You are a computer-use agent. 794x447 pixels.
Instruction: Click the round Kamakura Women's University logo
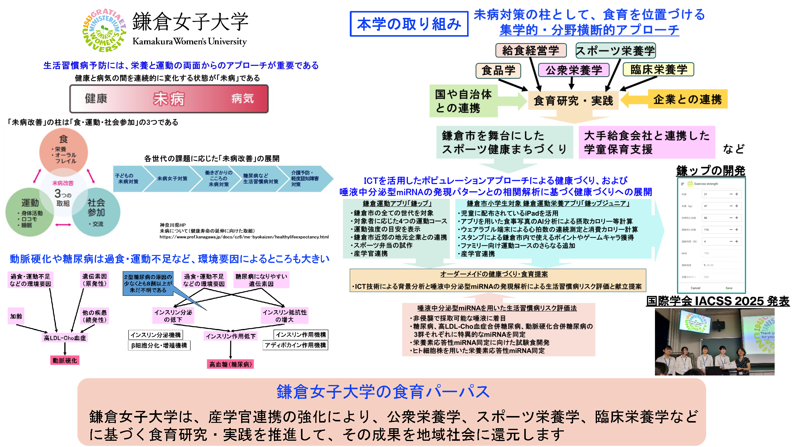(104, 30)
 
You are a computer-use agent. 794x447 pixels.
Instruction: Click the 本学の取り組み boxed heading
(409, 24)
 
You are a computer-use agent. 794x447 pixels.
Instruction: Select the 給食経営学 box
(531, 50)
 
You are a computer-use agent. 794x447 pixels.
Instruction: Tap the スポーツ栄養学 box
(615, 51)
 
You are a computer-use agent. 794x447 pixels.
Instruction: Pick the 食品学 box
(498, 71)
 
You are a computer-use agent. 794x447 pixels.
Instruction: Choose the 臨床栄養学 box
(658, 69)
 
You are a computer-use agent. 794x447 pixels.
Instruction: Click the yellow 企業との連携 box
(687, 99)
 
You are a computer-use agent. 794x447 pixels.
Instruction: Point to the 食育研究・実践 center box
(573, 100)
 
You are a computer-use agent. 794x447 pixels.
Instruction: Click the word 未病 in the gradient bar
(169, 99)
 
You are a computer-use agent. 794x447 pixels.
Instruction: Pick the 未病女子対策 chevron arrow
(172, 179)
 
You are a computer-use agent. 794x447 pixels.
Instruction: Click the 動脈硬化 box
(65, 360)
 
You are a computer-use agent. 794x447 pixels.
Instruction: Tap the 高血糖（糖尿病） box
(230, 364)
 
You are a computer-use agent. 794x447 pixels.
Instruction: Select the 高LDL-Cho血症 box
(65, 338)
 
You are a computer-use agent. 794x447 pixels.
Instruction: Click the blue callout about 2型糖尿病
(148, 283)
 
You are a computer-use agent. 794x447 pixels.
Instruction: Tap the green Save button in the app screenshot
(729, 288)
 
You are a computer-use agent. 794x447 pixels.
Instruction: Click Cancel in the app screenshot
(695, 288)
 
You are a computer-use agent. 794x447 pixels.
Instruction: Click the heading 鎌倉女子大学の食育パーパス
(383, 392)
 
